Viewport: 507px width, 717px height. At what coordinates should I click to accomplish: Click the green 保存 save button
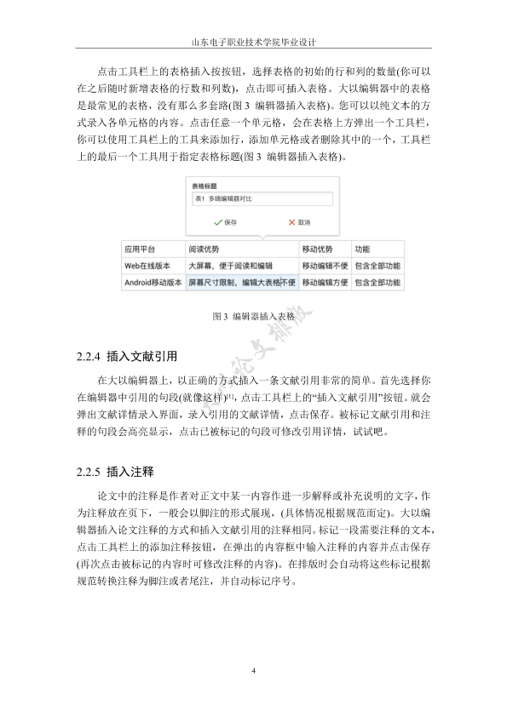tap(225, 221)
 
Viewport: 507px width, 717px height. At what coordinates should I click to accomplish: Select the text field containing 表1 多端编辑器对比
tap(261, 198)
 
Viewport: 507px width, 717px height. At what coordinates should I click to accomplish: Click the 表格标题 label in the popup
tap(204, 185)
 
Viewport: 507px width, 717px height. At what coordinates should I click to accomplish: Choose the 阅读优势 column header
tap(205, 250)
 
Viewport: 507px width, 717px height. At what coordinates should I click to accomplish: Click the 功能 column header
tap(362, 250)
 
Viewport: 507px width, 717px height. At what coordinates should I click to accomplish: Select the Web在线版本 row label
tap(147, 267)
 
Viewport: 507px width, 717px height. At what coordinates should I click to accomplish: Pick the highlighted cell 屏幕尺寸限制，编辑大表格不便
tap(241, 283)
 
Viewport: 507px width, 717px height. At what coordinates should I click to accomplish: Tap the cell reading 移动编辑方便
tap(325, 283)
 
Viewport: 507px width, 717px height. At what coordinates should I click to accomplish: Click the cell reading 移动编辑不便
tap(325, 267)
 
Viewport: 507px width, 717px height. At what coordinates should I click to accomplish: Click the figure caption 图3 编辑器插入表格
tap(253, 315)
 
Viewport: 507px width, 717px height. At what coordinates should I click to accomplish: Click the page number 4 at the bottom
tap(254, 672)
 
